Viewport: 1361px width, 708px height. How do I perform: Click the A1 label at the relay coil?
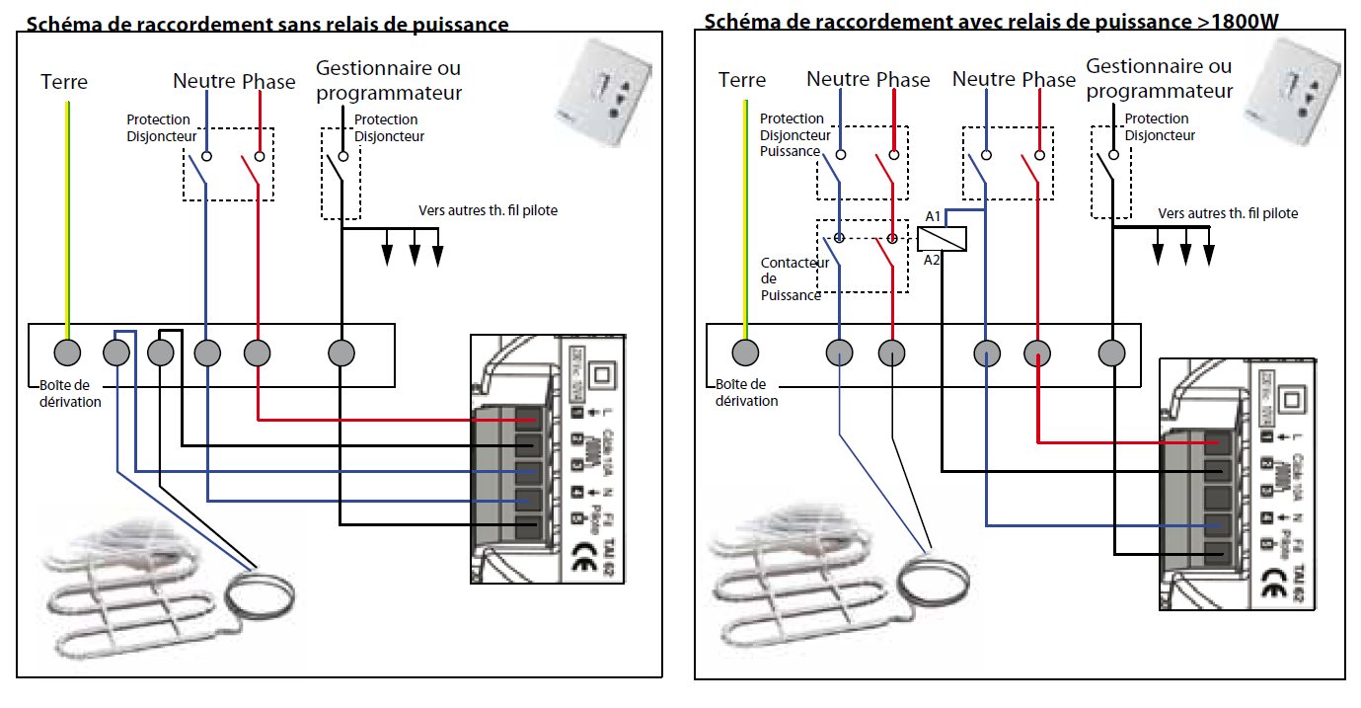[933, 216]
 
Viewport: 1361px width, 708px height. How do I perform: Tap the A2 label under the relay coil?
[933, 261]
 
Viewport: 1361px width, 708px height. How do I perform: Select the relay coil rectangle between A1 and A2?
[942, 238]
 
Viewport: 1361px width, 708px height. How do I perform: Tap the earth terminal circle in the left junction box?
[66, 352]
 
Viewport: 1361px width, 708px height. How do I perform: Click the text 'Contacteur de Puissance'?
[790, 279]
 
